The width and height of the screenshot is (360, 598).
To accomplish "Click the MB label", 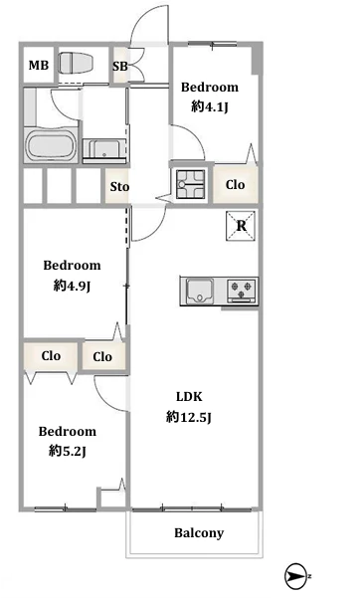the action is pyautogui.click(x=39, y=66).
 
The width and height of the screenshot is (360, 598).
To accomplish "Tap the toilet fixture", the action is pyautogui.click(x=76, y=63).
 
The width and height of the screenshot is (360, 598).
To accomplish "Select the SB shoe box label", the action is pyautogui.click(x=119, y=67).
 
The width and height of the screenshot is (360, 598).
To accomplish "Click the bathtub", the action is pyautogui.click(x=51, y=145).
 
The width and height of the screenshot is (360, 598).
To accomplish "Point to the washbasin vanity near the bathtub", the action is pyautogui.click(x=104, y=149).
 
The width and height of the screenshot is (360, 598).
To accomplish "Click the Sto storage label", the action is pyautogui.click(x=119, y=186).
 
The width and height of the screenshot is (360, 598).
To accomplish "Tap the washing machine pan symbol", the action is pyautogui.click(x=190, y=185).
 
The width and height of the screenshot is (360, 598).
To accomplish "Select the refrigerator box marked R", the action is pyautogui.click(x=241, y=226).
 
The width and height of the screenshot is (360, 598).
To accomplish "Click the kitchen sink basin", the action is pyautogui.click(x=200, y=292).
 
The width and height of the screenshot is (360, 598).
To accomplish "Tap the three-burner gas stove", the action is pyautogui.click(x=243, y=291).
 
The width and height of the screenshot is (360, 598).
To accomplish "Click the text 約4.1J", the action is pyautogui.click(x=210, y=106).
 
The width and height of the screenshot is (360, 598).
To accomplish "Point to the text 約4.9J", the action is pyautogui.click(x=72, y=285).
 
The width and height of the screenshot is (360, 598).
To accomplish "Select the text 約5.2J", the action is pyautogui.click(x=67, y=451).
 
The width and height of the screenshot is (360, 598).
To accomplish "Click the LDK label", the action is pyautogui.click(x=189, y=397).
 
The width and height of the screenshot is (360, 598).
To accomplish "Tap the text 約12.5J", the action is pyautogui.click(x=189, y=417).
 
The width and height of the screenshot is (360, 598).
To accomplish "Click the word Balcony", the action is pyautogui.click(x=199, y=532).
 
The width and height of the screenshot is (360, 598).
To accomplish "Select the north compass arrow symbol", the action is pyautogui.click(x=296, y=576).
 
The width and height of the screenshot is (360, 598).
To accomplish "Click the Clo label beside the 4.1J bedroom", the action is pyautogui.click(x=235, y=185).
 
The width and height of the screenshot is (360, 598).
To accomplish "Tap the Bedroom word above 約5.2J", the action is pyautogui.click(x=68, y=432).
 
